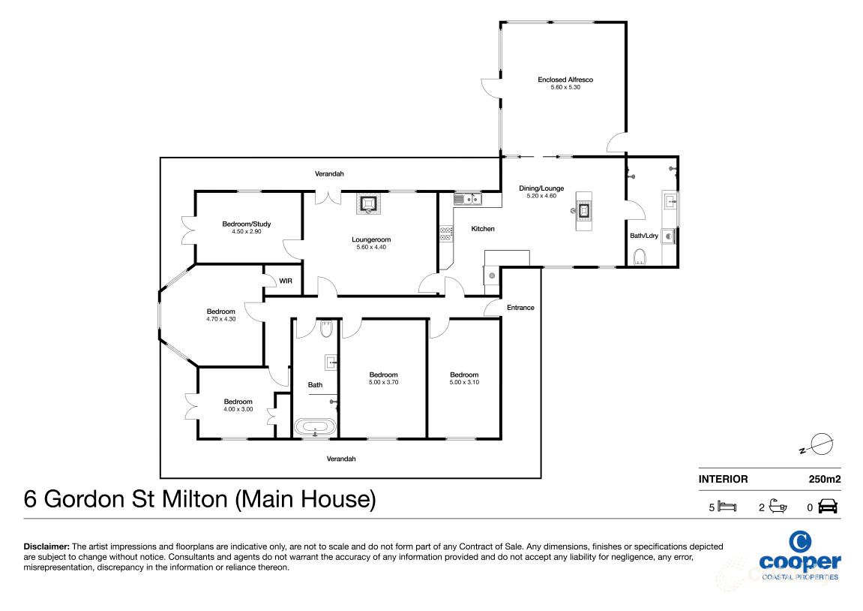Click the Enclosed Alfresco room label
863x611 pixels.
coord(565,79)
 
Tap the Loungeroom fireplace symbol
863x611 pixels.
coord(369,203)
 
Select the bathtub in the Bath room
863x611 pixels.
coord(315,428)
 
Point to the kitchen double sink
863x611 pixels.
coord(466,199)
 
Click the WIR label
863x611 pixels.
coord(286,281)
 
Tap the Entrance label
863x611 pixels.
coord(520,307)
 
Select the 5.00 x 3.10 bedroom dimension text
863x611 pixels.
coord(464,382)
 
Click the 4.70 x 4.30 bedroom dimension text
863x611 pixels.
coord(221,319)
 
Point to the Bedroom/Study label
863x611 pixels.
coord(246,224)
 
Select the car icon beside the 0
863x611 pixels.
coord(829,507)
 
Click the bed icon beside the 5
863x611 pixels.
coord(727,507)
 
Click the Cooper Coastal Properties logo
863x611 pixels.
coord(799,555)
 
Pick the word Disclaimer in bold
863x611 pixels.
coord(46,547)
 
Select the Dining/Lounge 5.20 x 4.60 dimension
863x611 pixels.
coord(541,196)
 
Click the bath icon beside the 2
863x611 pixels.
coord(778,507)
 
